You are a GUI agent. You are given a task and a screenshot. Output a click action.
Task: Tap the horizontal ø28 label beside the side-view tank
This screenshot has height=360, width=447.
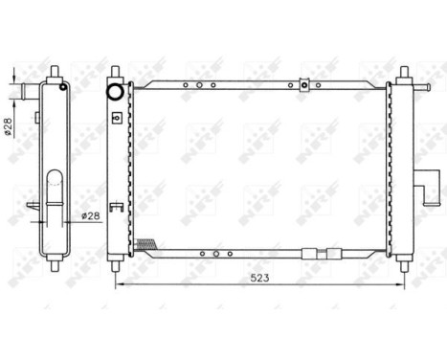tap(91, 215)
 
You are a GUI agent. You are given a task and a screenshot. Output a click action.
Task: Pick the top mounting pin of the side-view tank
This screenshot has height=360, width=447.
tap(55, 74)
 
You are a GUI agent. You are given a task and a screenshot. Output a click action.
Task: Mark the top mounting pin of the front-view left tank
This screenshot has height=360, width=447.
tap(115, 74)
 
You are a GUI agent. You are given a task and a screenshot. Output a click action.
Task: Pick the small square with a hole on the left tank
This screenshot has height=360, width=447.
tap(115, 118)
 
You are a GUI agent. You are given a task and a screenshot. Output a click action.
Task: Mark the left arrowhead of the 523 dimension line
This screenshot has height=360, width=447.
tap(118, 284)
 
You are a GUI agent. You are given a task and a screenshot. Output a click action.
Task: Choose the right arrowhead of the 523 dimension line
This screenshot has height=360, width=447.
tap(399, 284)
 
